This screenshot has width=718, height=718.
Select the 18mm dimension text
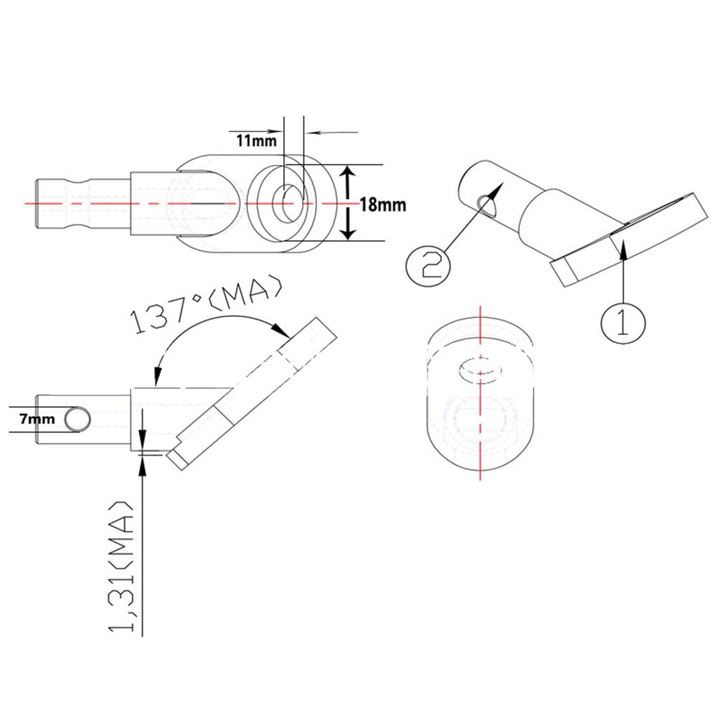point(382,204)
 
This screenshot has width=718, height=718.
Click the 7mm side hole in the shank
point(77,419)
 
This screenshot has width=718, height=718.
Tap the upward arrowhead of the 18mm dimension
point(347,172)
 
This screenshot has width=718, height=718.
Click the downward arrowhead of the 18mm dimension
point(347,232)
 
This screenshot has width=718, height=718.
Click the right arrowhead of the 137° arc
point(284,331)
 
